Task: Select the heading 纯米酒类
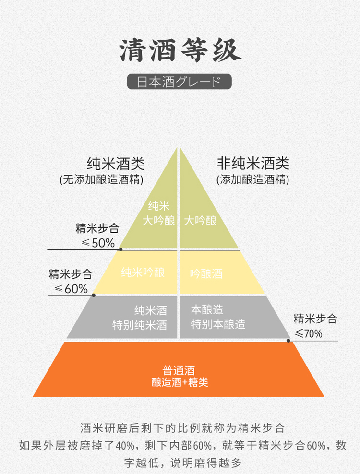[x=115, y=164]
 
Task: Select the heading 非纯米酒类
[x=253, y=164]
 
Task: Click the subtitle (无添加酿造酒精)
[x=102, y=180]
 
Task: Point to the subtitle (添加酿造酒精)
[x=252, y=180]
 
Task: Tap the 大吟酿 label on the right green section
[x=200, y=221]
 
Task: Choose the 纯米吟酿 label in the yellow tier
[x=143, y=273]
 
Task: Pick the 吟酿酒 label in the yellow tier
[x=206, y=274]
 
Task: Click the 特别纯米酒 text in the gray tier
[x=140, y=325]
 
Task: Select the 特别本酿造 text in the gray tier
[x=218, y=324]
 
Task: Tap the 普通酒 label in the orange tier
[x=179, y=371]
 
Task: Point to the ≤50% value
[x=98, y=243]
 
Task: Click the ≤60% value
[x=71, y=289]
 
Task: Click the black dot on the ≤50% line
[x=120, y=249]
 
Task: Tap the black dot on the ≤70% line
[x=288, y=341]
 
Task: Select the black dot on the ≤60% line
[x=94, y=295]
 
